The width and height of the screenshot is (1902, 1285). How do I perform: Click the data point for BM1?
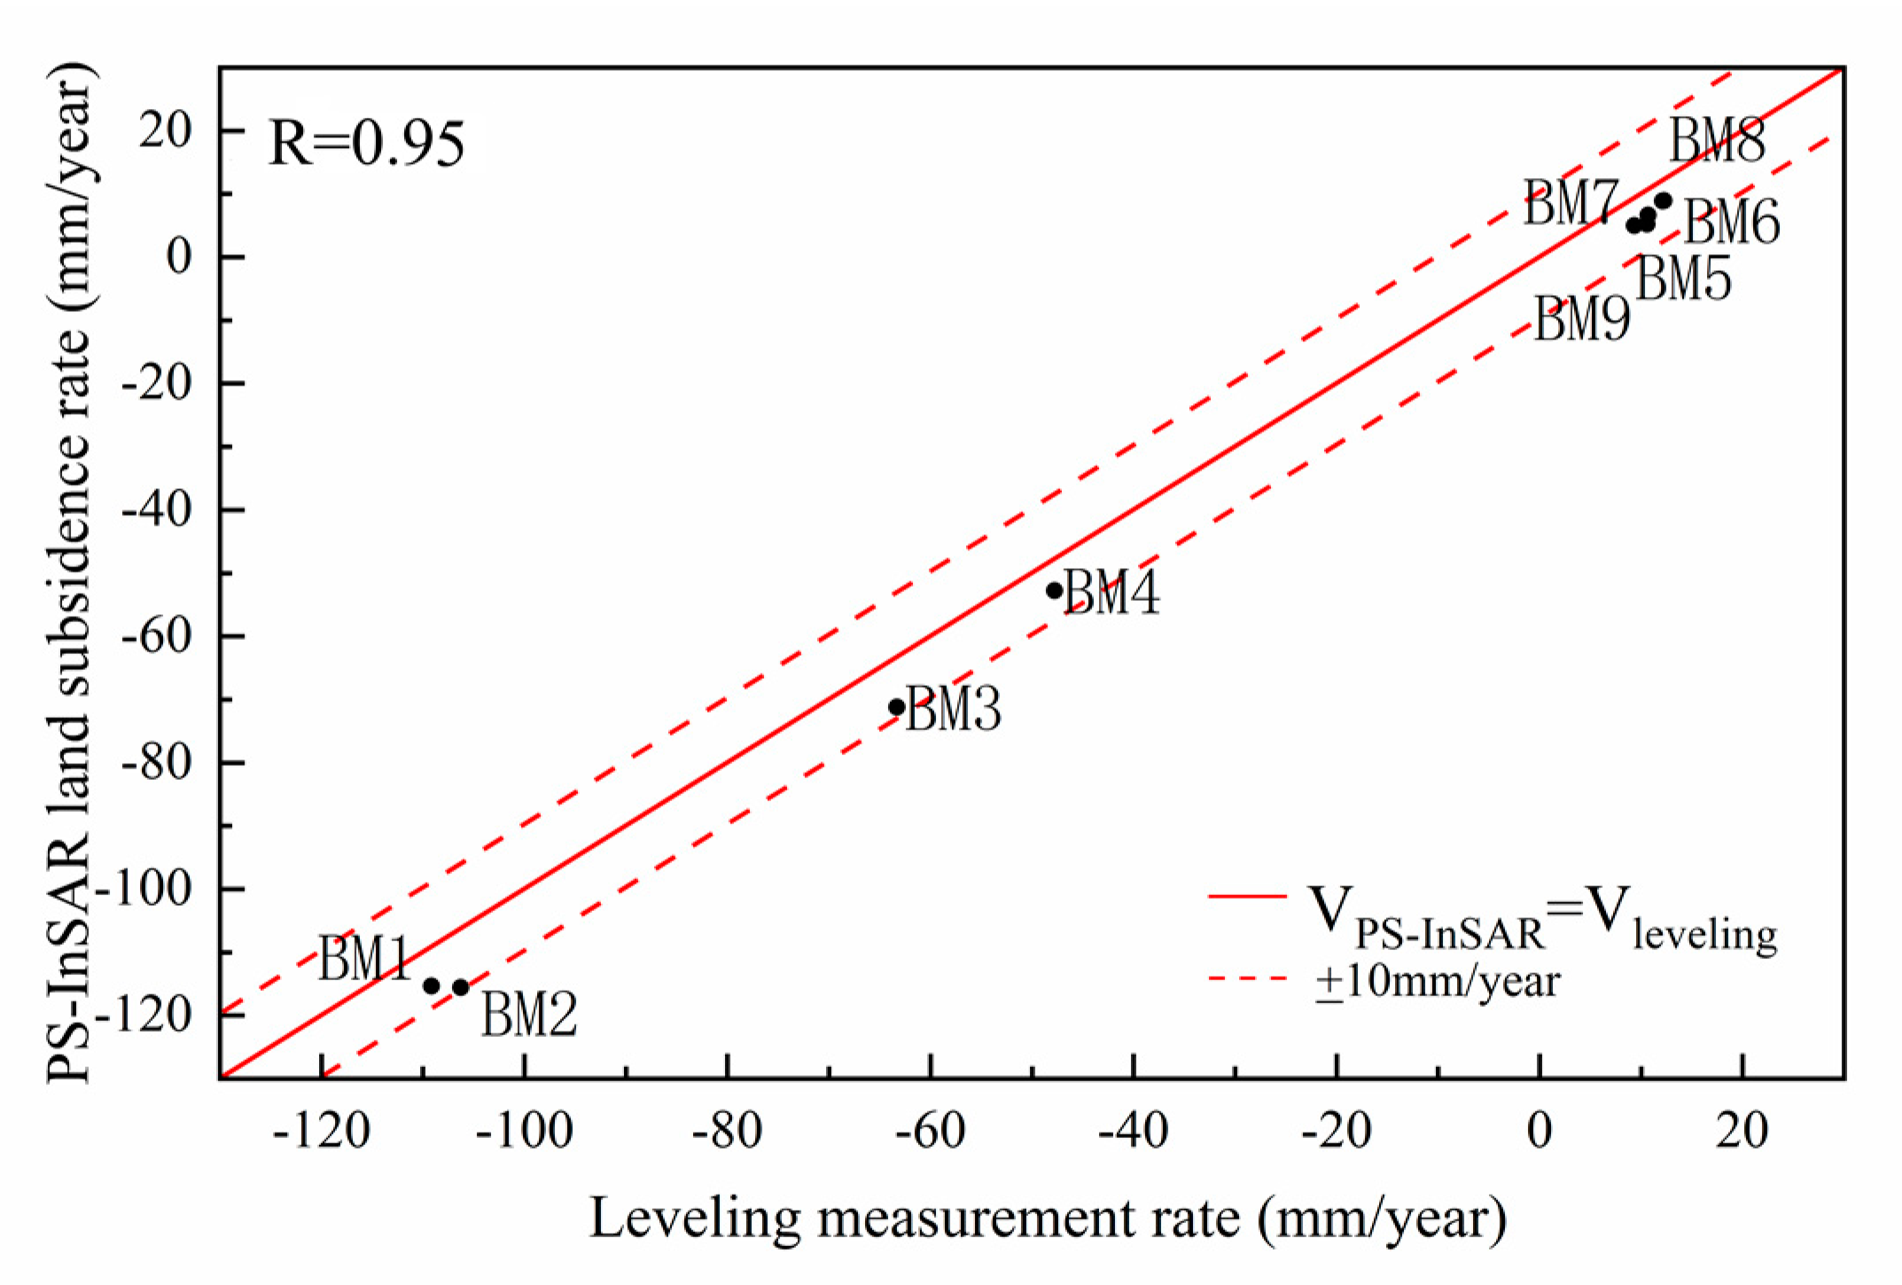(x=432, y=985)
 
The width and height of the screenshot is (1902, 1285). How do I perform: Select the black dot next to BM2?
(x=461, y=987)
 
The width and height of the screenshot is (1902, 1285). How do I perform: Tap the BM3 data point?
(x=896, y=706)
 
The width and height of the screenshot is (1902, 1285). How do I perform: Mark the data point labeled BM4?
(x=1055, y=590)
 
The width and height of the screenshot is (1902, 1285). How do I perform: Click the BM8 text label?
(x=1717, y=141)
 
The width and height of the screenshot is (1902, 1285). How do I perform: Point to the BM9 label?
(x=1581, y=319)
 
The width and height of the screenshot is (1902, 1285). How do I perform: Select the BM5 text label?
(x=1683, y=279)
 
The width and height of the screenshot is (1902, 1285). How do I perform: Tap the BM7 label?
(x=1571, y=202)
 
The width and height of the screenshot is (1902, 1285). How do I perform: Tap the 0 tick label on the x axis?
(x=1540, y=1132)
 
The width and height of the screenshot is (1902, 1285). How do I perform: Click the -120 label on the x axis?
(x=321, y=1132)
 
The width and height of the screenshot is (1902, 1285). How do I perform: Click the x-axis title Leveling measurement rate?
(x=1048, y=1219)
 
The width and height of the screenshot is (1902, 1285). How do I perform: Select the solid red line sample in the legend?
(x=1248, y=897)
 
